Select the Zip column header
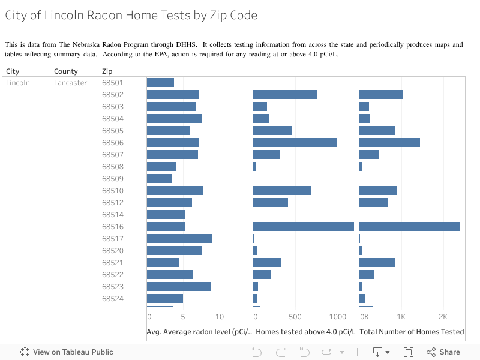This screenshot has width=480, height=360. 107,71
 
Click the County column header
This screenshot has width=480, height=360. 66,71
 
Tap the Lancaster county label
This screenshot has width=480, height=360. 70,83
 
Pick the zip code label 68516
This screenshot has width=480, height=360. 112,227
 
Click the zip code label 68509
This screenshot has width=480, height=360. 112,179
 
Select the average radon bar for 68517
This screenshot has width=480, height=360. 179,239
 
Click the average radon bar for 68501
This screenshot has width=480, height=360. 160,83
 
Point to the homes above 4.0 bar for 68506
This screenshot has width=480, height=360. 295,143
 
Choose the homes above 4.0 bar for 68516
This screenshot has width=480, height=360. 303,227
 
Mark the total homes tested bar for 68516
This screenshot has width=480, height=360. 409,227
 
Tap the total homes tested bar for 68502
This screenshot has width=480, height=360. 381,95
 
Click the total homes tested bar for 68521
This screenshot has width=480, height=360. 377,263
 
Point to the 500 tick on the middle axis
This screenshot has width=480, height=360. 295,317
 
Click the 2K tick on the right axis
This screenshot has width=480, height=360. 443,317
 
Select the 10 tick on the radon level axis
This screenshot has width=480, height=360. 220,317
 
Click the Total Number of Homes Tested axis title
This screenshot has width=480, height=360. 412,332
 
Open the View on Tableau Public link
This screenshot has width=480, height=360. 67,352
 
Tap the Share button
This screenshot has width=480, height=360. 443,352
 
